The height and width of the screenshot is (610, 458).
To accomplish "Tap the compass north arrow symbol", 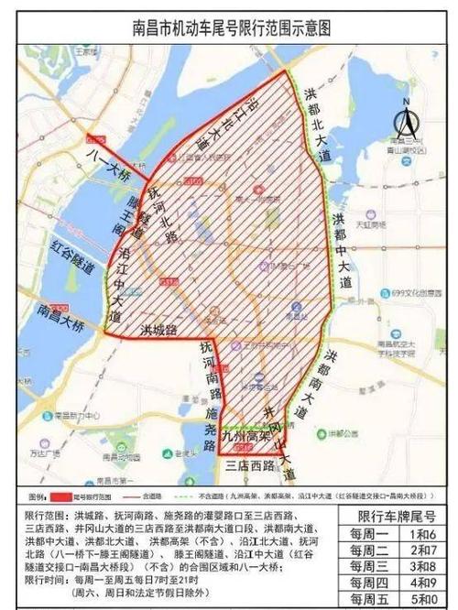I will click(403, 122).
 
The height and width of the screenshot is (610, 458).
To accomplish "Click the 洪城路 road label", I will click(157, 327).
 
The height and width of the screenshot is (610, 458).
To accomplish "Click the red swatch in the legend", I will click(56, 491).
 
